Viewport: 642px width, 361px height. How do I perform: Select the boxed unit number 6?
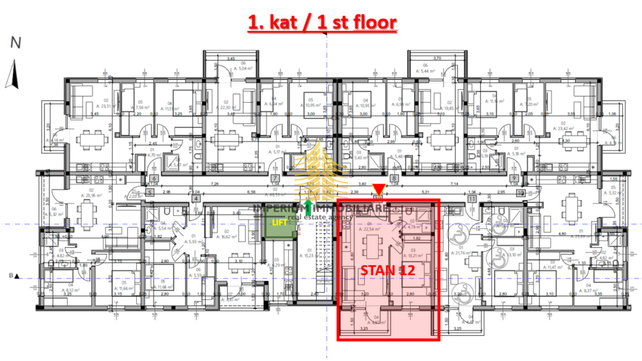point(154,179)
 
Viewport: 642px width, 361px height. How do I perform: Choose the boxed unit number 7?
point(275,179)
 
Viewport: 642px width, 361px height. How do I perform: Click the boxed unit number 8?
point(394,179)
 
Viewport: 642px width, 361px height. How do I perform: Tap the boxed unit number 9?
point(514,179)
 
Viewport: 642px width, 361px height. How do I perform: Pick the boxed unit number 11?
point(472,199)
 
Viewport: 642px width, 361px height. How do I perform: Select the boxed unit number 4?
point(196,199)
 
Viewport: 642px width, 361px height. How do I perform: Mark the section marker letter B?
point(11,276)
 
